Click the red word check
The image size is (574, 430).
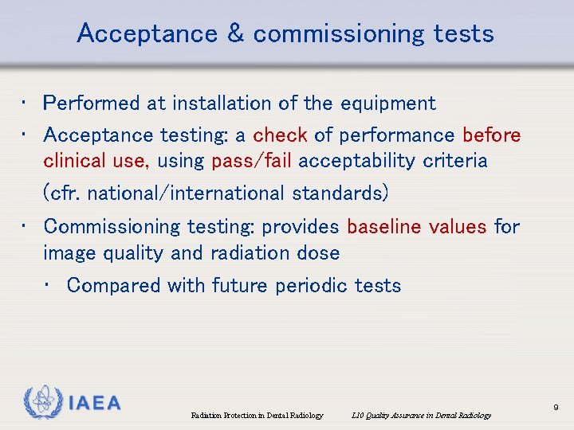click(x=280, y=135)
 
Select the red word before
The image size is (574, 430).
click(x=491, y=135)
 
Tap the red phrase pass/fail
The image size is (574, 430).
click(x=254, y=161)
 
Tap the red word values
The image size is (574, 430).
click(x=458, y=227)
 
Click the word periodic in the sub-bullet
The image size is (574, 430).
click(x=305, y=286)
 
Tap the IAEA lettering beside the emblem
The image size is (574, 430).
click(x=94, y=403)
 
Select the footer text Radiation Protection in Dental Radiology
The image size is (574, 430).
click(x=258, y=415)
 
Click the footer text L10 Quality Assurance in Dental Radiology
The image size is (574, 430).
click(x=420, y=415)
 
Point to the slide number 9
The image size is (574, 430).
click(x=556, y=407)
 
